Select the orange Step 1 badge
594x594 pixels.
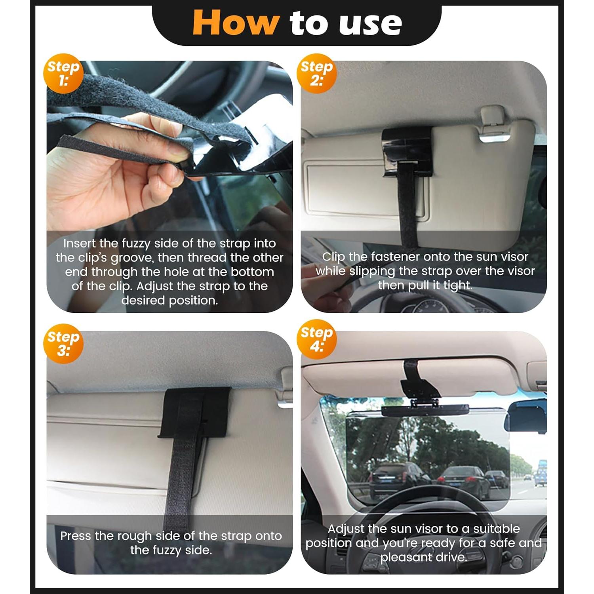tap(63, 74)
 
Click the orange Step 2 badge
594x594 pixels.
tap(316, 74)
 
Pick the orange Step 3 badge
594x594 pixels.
tap(63, 343)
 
